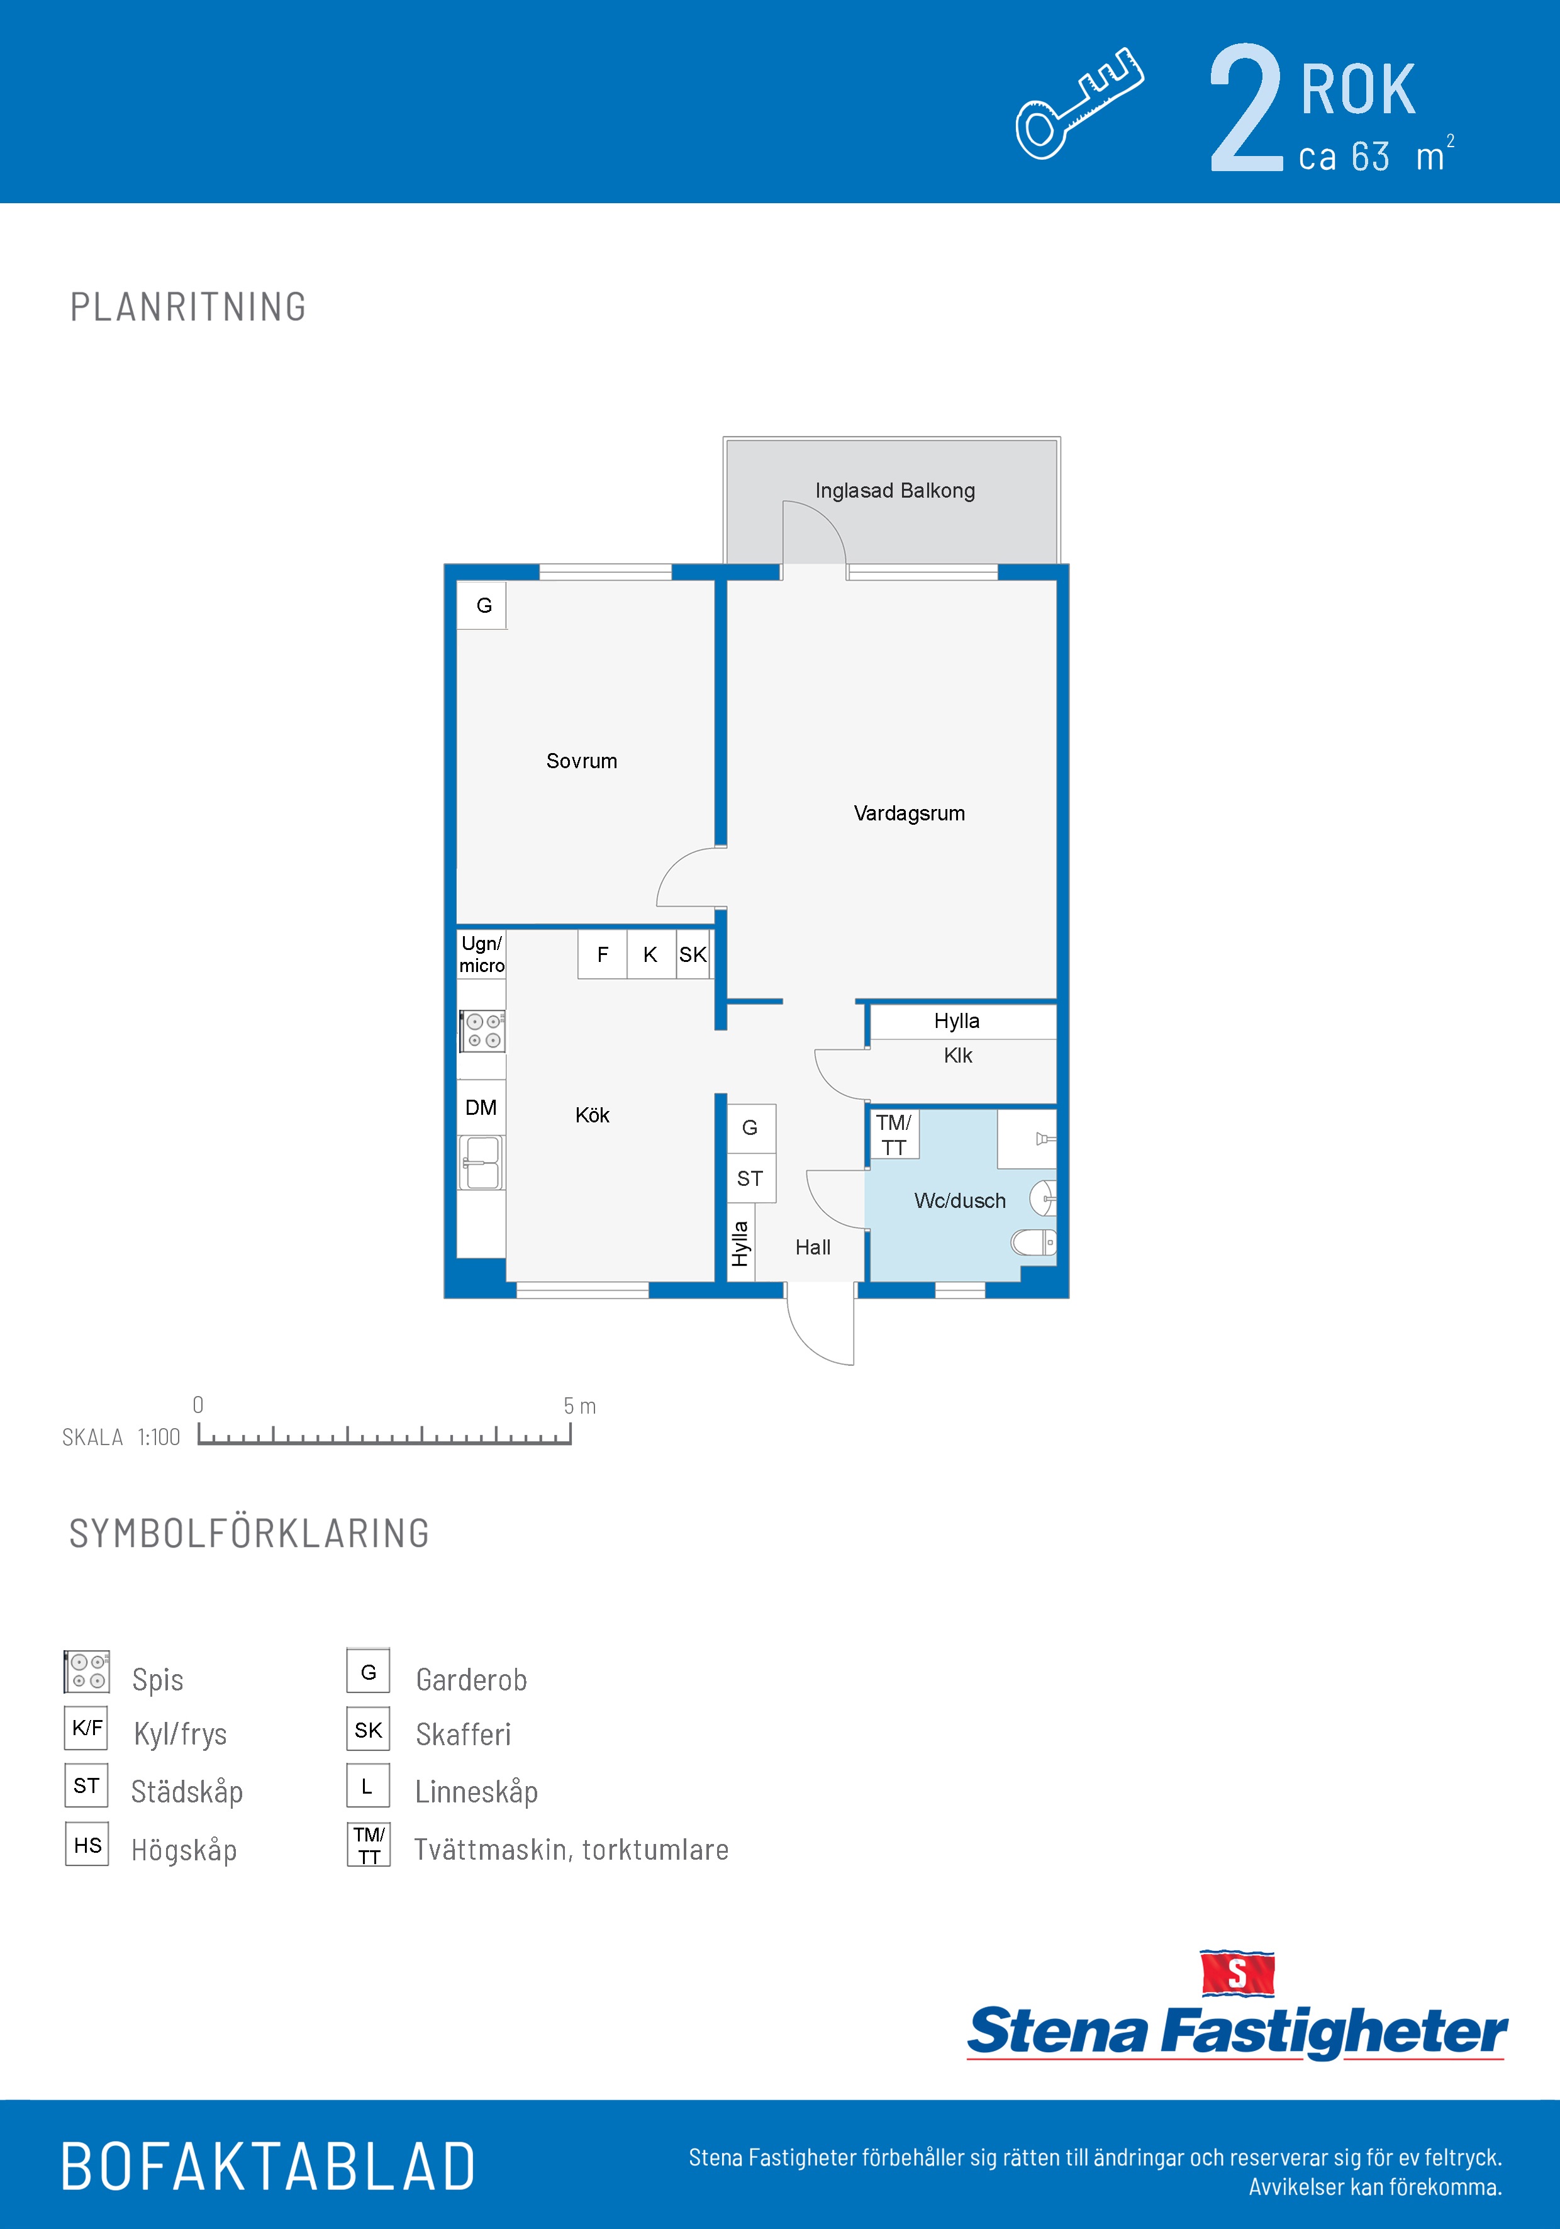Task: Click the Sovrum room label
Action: click(581, 761)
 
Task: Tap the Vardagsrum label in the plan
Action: click(910, 813)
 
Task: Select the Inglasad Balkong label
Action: click(895, 490)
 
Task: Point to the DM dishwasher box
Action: click(481, 1108)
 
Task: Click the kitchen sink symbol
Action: click(481, 1162)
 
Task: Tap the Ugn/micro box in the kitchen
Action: click(481, 954)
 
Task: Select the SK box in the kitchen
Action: click(693, 954)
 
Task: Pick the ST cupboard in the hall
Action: click(750, 1178)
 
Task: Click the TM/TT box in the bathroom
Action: click(894, 1134)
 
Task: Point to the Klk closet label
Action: click(958, 1055)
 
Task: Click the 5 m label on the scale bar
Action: click(579, 1405)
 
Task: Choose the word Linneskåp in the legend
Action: click(477, 1791)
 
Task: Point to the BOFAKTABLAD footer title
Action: click(268, 2167)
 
